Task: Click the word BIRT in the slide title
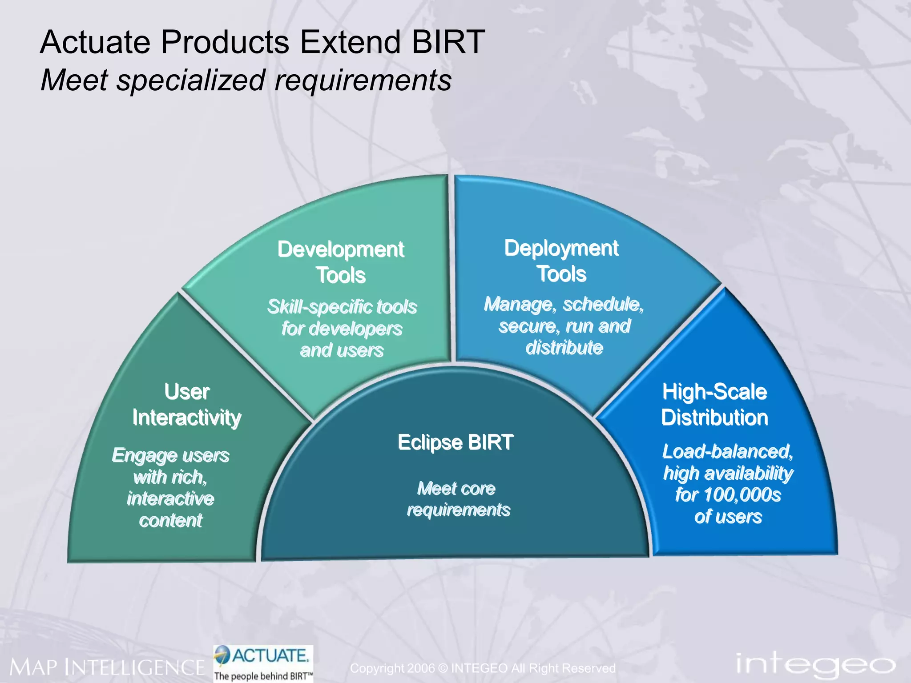pyautogui.click(x=448, y=42)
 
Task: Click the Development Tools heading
pyautogui.click(x=341, y=262)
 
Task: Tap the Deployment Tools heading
pyautogui.click(x=561, y=261)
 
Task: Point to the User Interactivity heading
pyautogui.click(x=187, y=405)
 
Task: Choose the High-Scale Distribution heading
pyautogui.click(x=714, y=405)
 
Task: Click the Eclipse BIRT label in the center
pyautogui.click(x=455, y=442)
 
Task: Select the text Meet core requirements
pyautogui.click(x=457, y=499)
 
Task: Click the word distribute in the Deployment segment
pyautogui.click(x=564, y=348)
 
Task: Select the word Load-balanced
pyautogui.click(x=727, y=452)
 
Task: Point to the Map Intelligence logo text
pyautogui.click(x=107, y=667)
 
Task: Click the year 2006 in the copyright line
pyautogui.click(x=420, y=668)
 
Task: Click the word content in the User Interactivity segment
pyautogui.click(x=171, y=521)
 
